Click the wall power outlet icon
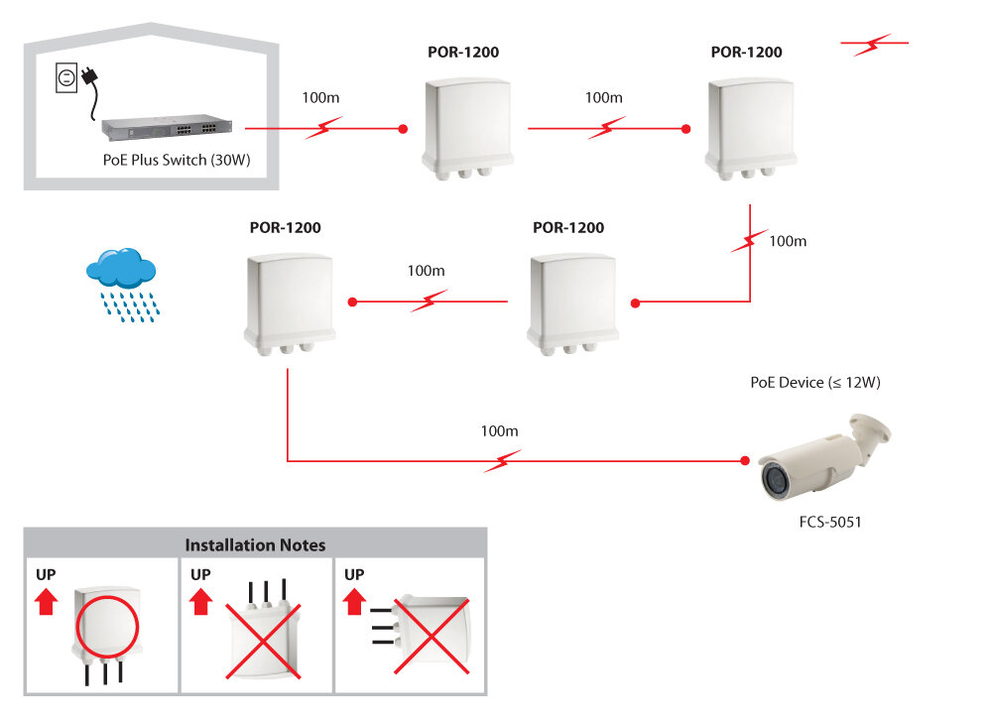tap(66, 76)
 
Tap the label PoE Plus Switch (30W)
tap(171, 159)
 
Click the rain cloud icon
tap(121, 269)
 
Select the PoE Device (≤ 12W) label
tap(815, 382)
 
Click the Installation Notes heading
tap(255, 544)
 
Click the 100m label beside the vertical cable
tap(788, 241)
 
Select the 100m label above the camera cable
tap(499, 431)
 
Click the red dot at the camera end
tap(744, 461)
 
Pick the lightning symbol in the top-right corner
tap(874, 45)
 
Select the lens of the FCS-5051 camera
tap(773, 481)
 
